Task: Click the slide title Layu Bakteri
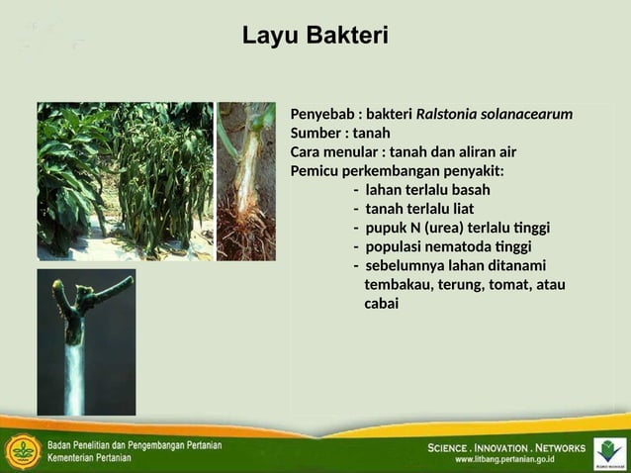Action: tap(315, 37)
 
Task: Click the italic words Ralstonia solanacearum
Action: tap(495, 115)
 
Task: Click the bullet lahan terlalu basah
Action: tap(426, 190)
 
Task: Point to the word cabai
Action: tap(382, 304)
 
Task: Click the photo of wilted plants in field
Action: tap(125, 181)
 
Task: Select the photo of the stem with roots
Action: tap(246, 181)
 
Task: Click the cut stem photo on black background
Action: tap(86, 342)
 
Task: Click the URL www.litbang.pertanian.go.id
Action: tap(504, 460)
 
